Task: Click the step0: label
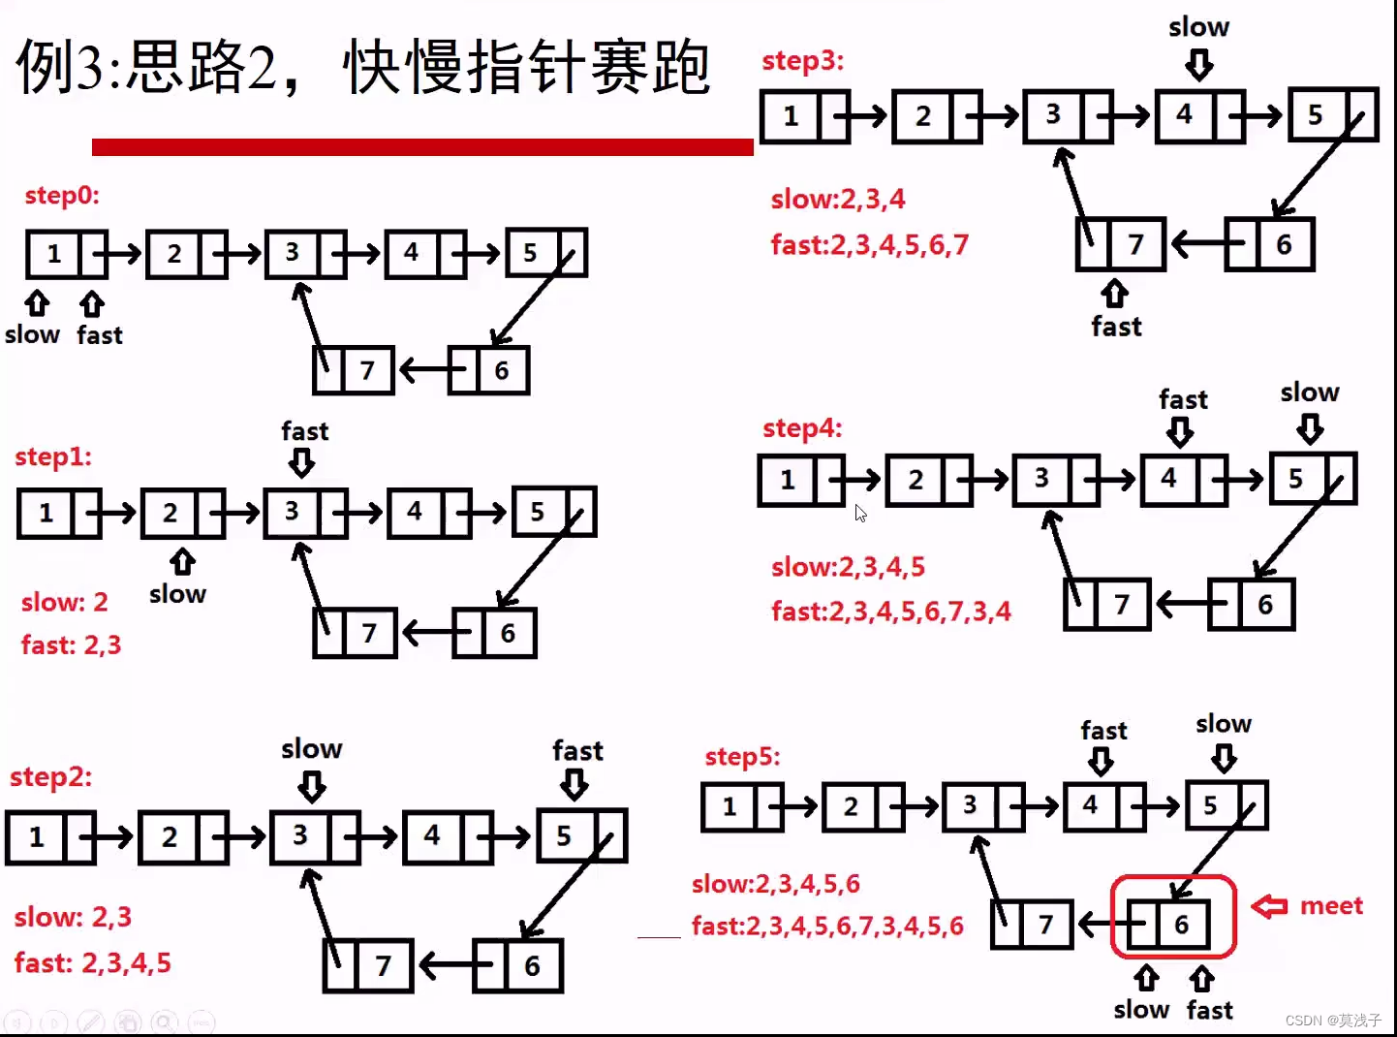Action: [62, 195]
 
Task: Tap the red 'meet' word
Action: [1331, 905]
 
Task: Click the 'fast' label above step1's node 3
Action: [304, 430]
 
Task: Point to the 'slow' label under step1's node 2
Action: [177, 593]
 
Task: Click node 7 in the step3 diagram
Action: [1119, 244]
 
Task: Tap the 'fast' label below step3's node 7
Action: [1116, 327]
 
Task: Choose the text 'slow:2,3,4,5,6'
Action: [775, 884]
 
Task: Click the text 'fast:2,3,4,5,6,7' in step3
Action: [869, 244]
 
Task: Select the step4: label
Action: [802, 427]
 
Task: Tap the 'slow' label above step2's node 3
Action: [311, 748]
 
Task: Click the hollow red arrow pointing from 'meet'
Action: [1269, 906]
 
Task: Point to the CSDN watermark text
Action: [1333, 1020]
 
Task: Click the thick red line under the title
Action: [422, 146]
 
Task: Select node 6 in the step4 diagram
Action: [1252, 605]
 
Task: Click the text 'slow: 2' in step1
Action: [64, 602]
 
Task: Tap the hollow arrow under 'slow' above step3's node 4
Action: [1199, 66]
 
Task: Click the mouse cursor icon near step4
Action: [860, 514]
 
